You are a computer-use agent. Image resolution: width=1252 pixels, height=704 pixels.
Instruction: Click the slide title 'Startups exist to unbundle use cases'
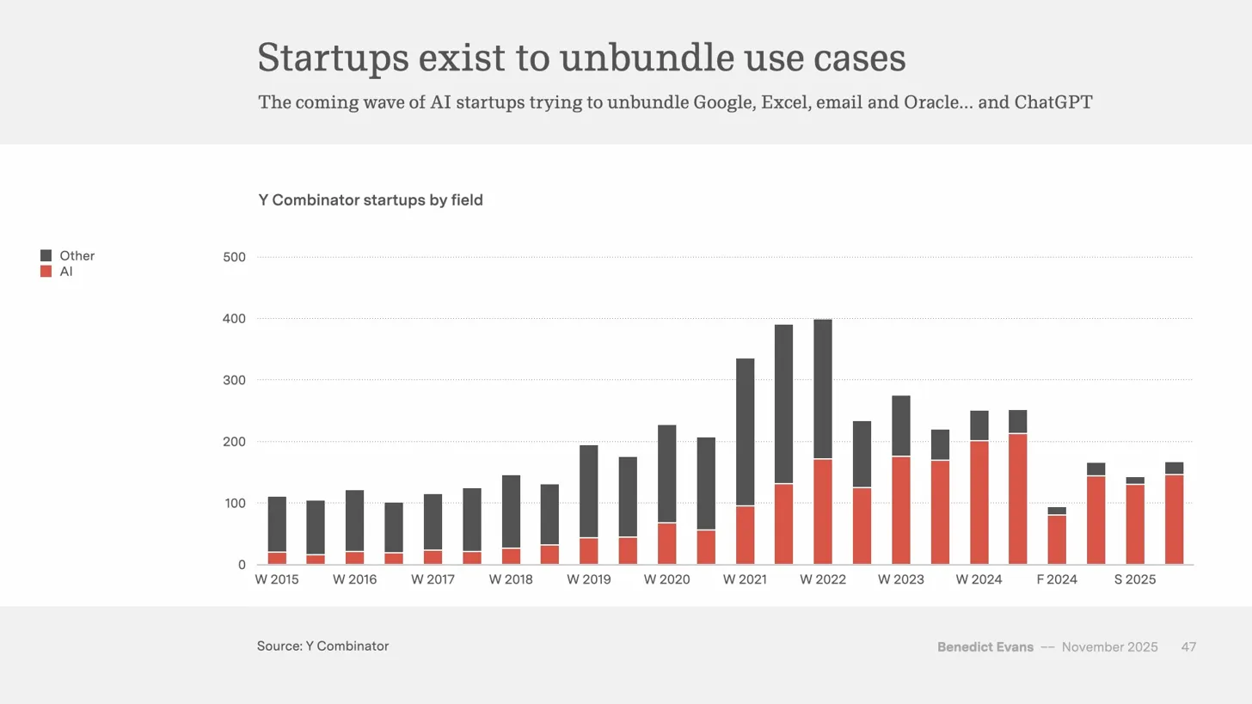pos(581,58)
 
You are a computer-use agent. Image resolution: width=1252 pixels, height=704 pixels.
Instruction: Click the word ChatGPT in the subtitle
pos(1053,103)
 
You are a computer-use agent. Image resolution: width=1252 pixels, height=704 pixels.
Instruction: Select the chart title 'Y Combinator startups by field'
pos(371,200)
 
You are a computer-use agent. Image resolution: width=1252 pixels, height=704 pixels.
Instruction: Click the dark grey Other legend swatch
pos(46,256)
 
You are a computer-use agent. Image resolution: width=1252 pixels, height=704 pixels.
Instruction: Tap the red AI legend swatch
pos(46,272)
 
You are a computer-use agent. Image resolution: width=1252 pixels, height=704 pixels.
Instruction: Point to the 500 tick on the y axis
pos(234,257)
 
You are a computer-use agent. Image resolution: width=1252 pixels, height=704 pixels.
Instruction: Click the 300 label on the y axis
pos(234,380)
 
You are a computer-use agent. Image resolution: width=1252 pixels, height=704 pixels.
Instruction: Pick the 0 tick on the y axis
pos(242,565)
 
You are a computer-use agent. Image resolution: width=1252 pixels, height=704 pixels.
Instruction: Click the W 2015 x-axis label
pos(277,579)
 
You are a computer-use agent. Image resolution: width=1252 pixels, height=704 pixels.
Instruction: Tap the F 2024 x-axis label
pos(1057,579)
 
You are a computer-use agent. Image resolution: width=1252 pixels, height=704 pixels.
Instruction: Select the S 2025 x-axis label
pos(1135,579)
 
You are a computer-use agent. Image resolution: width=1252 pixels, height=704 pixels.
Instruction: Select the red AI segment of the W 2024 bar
pos(979,503)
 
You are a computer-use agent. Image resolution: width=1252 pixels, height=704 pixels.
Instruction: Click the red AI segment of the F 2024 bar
pos(1057,540)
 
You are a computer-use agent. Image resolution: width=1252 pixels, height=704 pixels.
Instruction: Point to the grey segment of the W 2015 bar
pos(277,523)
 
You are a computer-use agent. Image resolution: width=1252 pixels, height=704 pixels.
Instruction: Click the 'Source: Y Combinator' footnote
pos(322,646)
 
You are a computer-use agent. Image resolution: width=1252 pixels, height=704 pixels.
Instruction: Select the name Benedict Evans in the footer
pos(985,647)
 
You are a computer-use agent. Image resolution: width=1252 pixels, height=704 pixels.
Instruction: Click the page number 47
pos(1188,647)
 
